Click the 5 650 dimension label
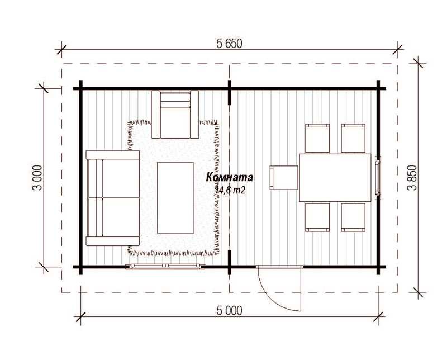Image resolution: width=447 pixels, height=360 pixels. [229, 44]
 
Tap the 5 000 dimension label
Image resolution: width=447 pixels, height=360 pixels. [229, 310]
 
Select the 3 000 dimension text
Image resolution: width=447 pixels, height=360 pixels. [38, 177]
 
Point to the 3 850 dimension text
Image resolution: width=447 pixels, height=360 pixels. [412, 177]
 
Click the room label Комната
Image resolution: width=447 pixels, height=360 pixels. [230, 177]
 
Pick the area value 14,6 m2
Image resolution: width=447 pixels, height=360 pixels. [230, 190]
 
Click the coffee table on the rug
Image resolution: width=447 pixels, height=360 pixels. [175, 198]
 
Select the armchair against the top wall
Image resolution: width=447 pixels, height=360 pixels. [175, 115]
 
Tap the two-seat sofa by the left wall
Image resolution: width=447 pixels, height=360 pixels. [113, 198]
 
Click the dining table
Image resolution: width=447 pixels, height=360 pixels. [335, 178]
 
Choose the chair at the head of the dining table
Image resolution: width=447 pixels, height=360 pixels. [284, 178]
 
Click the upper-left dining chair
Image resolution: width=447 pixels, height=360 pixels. [317, 138]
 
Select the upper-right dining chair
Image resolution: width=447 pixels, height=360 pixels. [353, 138]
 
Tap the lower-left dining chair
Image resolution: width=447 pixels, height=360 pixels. [317, 217]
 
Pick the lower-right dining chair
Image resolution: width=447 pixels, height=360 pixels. [353, 217]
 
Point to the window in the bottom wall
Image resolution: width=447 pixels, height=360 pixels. [165, 267]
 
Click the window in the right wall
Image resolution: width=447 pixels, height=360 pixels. [378, 177]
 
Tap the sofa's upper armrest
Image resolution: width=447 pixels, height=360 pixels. [113, 155]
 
